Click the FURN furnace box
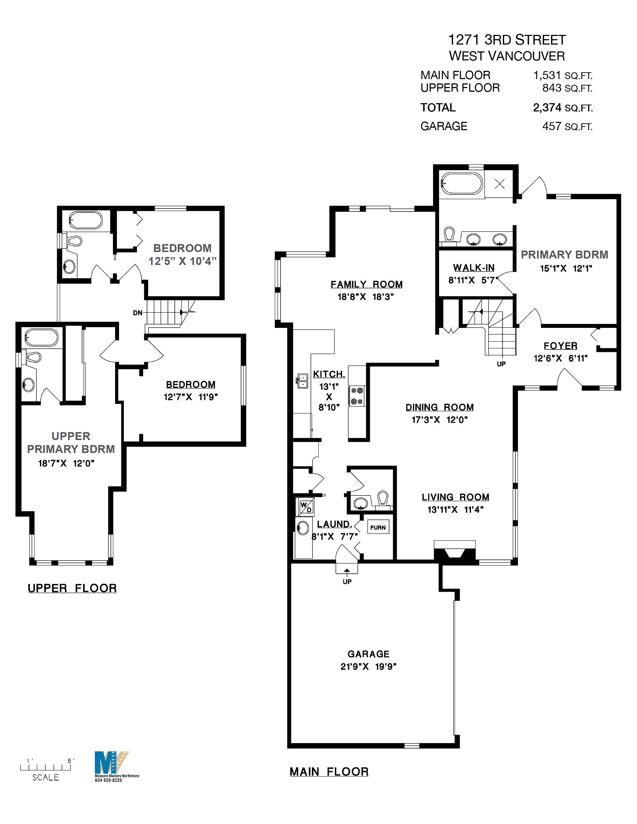(378, 527)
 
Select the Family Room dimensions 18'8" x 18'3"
(365, 297)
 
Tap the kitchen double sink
(302, 381)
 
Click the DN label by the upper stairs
(138, 313)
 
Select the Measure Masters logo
(112, 764)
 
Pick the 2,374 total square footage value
(547, 108)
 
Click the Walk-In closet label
(474, 268)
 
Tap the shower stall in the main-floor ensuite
(500, 184)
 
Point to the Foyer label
(560, 346)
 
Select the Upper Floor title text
(72, 588)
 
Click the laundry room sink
(302, 527)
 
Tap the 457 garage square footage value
(552, 127)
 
